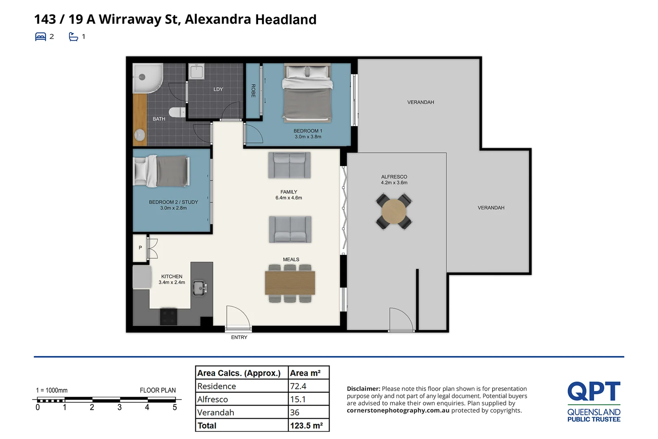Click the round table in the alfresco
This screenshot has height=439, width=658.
394,211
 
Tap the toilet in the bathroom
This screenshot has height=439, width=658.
177,112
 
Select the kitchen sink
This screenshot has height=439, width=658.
200,288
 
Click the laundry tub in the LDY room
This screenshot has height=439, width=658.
197,72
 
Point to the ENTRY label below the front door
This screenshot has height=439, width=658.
239,337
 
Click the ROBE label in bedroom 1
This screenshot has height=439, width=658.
253,91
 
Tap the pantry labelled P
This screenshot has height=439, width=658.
140,248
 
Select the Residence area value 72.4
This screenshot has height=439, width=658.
298,386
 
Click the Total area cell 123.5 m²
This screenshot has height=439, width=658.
306,426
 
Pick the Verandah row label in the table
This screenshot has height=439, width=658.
216,413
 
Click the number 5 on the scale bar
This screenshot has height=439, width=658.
175,407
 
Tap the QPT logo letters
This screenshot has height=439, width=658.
594,391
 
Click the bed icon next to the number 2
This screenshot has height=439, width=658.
41,37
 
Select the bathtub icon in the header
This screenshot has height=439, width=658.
74,37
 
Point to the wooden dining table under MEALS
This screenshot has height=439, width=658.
290,283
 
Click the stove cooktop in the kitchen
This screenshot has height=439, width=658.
168,316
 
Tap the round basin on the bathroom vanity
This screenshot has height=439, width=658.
140,135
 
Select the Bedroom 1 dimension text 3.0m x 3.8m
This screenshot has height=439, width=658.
308,137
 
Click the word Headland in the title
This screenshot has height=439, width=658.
286,20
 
